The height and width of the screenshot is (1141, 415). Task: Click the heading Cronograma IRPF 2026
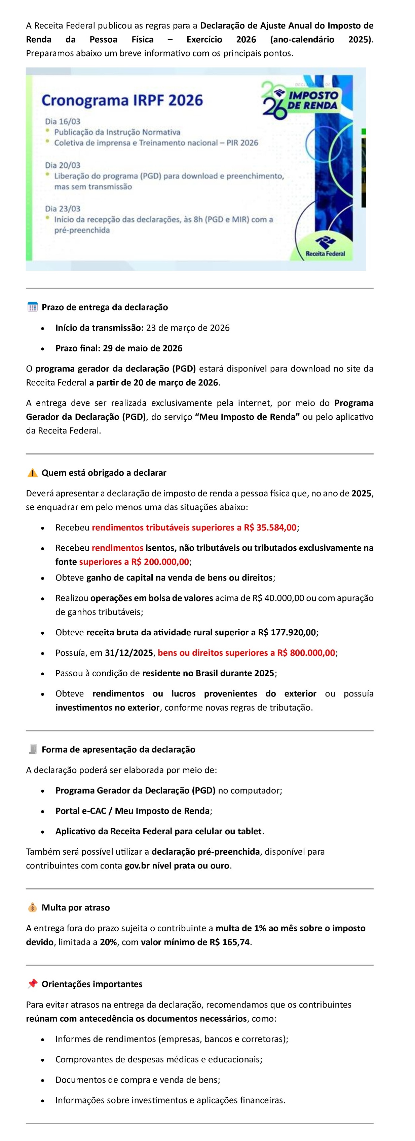122,100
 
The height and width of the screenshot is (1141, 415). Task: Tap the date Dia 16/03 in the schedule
63,121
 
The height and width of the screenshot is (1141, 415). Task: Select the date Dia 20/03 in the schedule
63,165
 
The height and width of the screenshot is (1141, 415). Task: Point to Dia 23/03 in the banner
63,209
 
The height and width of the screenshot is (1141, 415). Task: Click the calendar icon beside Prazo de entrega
32,307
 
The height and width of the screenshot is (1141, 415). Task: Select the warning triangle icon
32,473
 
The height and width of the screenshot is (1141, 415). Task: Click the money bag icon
32,907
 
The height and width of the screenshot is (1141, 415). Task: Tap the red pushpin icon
32,984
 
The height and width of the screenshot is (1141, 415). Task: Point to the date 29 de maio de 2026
142,348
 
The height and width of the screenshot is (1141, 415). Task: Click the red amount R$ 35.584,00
270,527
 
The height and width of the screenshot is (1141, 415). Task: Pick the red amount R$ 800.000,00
306,653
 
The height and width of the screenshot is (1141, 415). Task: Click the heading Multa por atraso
76,907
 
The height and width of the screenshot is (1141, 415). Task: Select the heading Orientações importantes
92,984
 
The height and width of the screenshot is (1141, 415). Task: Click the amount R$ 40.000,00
278,598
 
